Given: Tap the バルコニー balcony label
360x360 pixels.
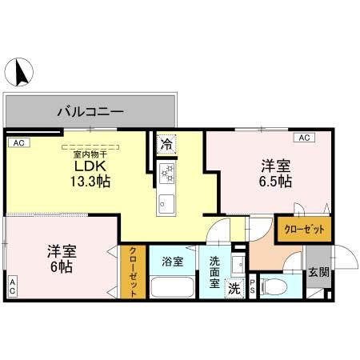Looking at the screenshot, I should [90, 111].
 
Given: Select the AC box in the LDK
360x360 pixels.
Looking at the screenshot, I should [18, 142].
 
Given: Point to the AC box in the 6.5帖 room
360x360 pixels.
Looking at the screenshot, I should [304, 138].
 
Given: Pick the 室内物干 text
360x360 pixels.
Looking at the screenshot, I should [90, 154].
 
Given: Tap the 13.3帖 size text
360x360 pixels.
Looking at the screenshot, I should [90, 182].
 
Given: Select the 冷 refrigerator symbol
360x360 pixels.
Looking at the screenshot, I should [166, 146].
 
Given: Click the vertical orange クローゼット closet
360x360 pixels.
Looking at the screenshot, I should [134, 272].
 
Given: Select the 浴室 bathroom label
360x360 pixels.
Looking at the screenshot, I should [172, 261].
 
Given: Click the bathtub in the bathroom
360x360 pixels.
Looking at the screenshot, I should [172, 286].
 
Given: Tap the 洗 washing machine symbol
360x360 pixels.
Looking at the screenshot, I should [234, 287].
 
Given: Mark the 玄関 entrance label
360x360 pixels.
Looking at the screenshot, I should [318, 272].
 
